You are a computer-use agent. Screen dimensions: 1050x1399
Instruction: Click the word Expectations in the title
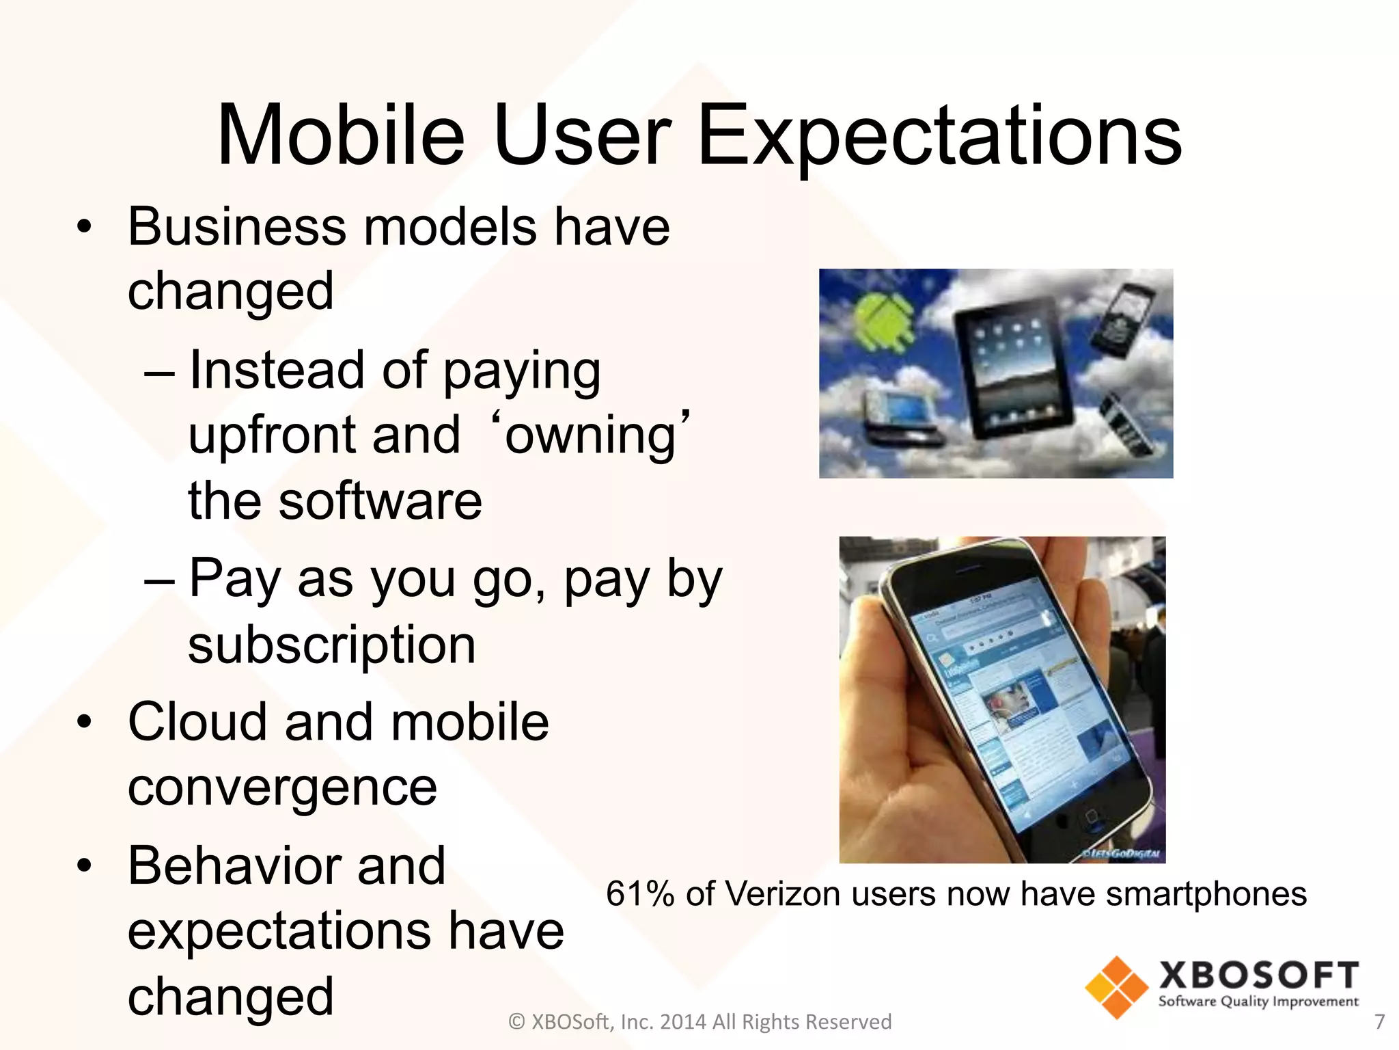[939, 137]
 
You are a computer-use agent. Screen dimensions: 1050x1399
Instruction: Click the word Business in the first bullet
[236, 227]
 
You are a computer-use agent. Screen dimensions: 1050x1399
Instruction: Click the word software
[380, 501]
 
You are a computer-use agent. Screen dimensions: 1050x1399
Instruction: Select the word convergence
[282, 788]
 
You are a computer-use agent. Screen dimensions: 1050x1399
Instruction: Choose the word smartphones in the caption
[1206, 894]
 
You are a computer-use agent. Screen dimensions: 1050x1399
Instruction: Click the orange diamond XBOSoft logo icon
[1116, 987]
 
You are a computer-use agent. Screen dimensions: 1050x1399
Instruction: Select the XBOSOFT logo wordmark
[1258, 975]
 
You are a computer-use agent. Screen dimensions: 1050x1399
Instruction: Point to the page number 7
[1379, 1021]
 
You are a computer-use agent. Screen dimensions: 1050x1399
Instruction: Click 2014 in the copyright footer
[683, 1021]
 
